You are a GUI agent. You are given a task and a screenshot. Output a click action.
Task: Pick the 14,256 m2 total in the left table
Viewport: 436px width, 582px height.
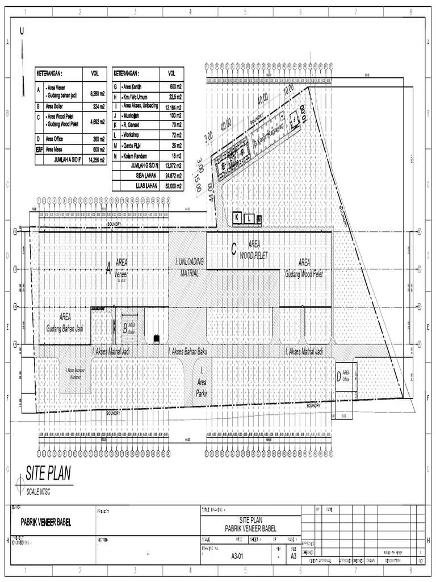pyautogui.click(x=91, y=161)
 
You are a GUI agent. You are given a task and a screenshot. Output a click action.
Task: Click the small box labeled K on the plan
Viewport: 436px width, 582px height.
pyautogui.click(x=237, y=218)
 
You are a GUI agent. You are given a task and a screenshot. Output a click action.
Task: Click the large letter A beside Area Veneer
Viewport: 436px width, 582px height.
pyautogui.click(x=108, y=271)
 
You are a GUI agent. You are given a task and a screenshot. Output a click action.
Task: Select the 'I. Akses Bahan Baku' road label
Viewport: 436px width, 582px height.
pyautogui.click(x=188, y=352)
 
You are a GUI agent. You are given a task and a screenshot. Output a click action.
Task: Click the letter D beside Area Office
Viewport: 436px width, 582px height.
pyautogui.click(x=339, y=376)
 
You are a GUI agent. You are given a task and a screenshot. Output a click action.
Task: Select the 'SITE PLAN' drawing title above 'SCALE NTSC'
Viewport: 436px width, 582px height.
pyautogui.click(x=48, y=474)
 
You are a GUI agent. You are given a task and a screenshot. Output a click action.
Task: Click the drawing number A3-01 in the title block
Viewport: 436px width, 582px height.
pyautogui.click(x=237, y=556)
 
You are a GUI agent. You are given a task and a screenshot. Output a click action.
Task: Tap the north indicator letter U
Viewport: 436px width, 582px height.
pyautogui.click(x=22, y=32)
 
